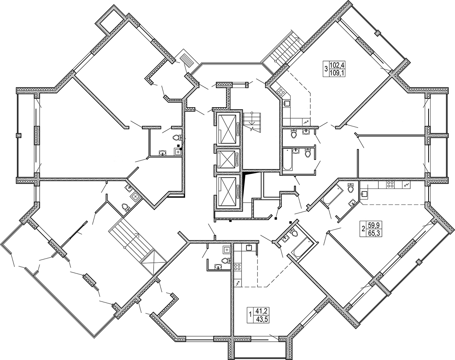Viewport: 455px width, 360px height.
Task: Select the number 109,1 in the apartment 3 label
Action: tap(336, 73)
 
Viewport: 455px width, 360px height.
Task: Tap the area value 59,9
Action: tap(373, 225)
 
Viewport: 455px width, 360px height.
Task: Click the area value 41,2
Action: tap(261, 311)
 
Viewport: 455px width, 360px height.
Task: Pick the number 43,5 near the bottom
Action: tap(261, 320)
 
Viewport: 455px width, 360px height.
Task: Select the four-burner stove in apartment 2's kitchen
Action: tap(389, 185)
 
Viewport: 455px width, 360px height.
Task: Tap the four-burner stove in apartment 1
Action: tap(238, 267)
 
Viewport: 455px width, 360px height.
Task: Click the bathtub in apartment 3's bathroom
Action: tap(287, 159)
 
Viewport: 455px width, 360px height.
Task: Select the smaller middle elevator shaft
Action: tap(228, 160)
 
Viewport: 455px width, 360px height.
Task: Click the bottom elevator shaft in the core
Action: tap(228, 192)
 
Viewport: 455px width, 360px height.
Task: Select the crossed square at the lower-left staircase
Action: tap(153, 262)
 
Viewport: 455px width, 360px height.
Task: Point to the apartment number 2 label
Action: tap(363, 229)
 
